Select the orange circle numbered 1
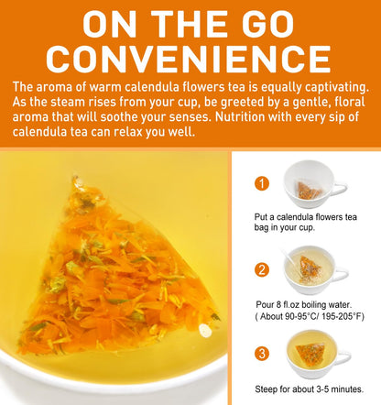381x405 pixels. coord(263,183)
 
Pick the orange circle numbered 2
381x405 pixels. coord(263,269)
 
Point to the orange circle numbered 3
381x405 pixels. coord(263,353)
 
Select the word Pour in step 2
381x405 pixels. coord(266,301)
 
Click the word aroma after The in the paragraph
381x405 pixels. coord(62,87)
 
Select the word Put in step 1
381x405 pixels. coord(263,217)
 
